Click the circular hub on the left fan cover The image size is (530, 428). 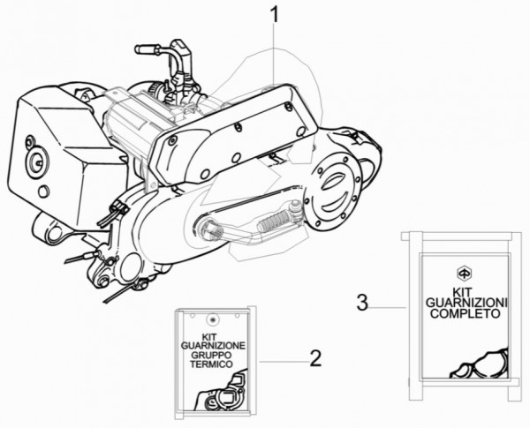click(36, 161)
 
